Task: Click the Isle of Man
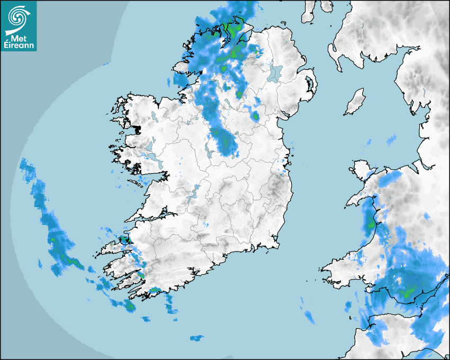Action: (355, 102)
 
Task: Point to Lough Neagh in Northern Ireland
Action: (275, 73)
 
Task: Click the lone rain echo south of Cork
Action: (196, 337)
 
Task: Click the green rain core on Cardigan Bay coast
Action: (371, 224)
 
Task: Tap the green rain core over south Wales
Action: (408, 292)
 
